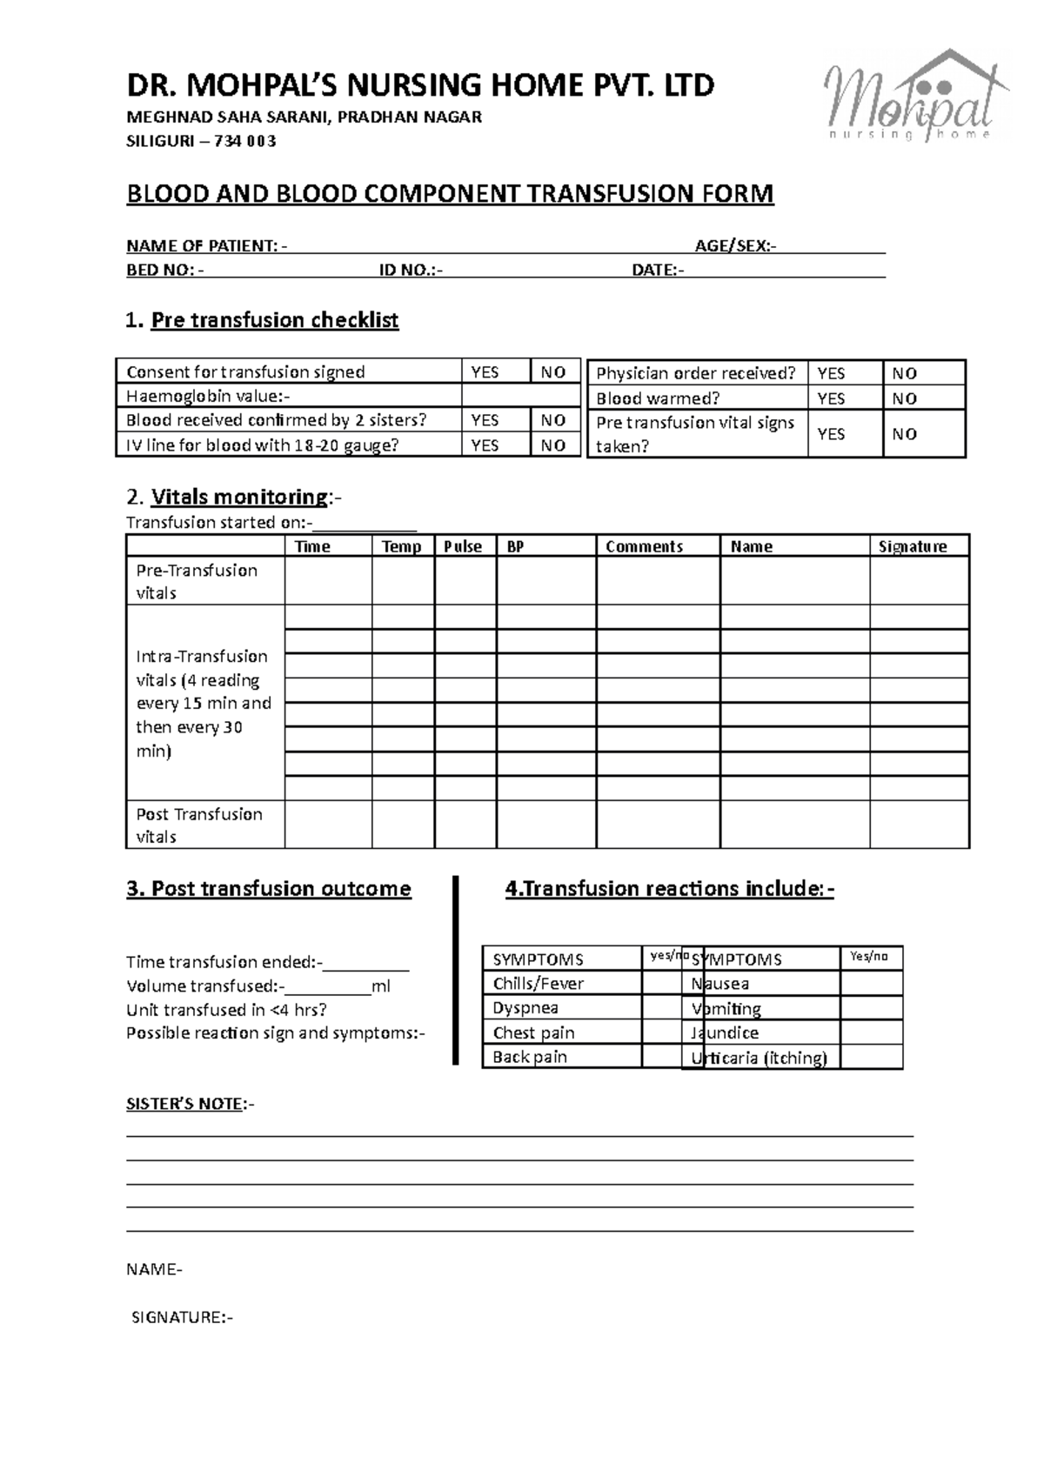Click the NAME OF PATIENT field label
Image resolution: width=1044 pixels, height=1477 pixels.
point(202,246)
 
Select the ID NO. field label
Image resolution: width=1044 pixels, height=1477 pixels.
point(409,271)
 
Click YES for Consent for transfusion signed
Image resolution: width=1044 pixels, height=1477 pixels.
point(485,372)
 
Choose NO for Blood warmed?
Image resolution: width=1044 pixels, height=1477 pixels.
point(905,398)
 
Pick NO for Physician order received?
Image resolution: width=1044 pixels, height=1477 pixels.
point(905,373)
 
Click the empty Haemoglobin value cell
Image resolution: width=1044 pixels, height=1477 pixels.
point(520,397)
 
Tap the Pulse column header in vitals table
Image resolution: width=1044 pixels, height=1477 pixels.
point(463,546)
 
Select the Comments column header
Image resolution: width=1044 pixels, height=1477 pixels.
point(644,546)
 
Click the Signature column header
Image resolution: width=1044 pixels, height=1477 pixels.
point(912,546)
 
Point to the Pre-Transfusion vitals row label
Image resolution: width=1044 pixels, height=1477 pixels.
point(197,581)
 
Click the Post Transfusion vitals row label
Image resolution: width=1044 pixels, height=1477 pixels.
point(198,825)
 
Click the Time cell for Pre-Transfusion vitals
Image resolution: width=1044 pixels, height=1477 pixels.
point(328,581)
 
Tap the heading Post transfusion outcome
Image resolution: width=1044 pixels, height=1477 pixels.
point(269,889)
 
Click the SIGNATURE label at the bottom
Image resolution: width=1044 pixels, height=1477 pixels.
point(182,1317)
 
